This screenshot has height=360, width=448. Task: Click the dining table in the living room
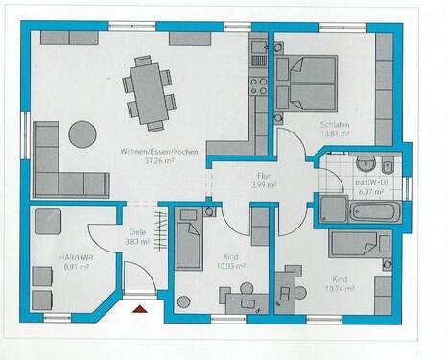(x=149, y=93)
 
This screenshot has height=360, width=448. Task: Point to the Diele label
(x=137, y=232)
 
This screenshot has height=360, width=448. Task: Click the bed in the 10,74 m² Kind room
(x=359, y=244)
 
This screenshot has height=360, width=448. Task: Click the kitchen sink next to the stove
(x=257, y=49)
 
